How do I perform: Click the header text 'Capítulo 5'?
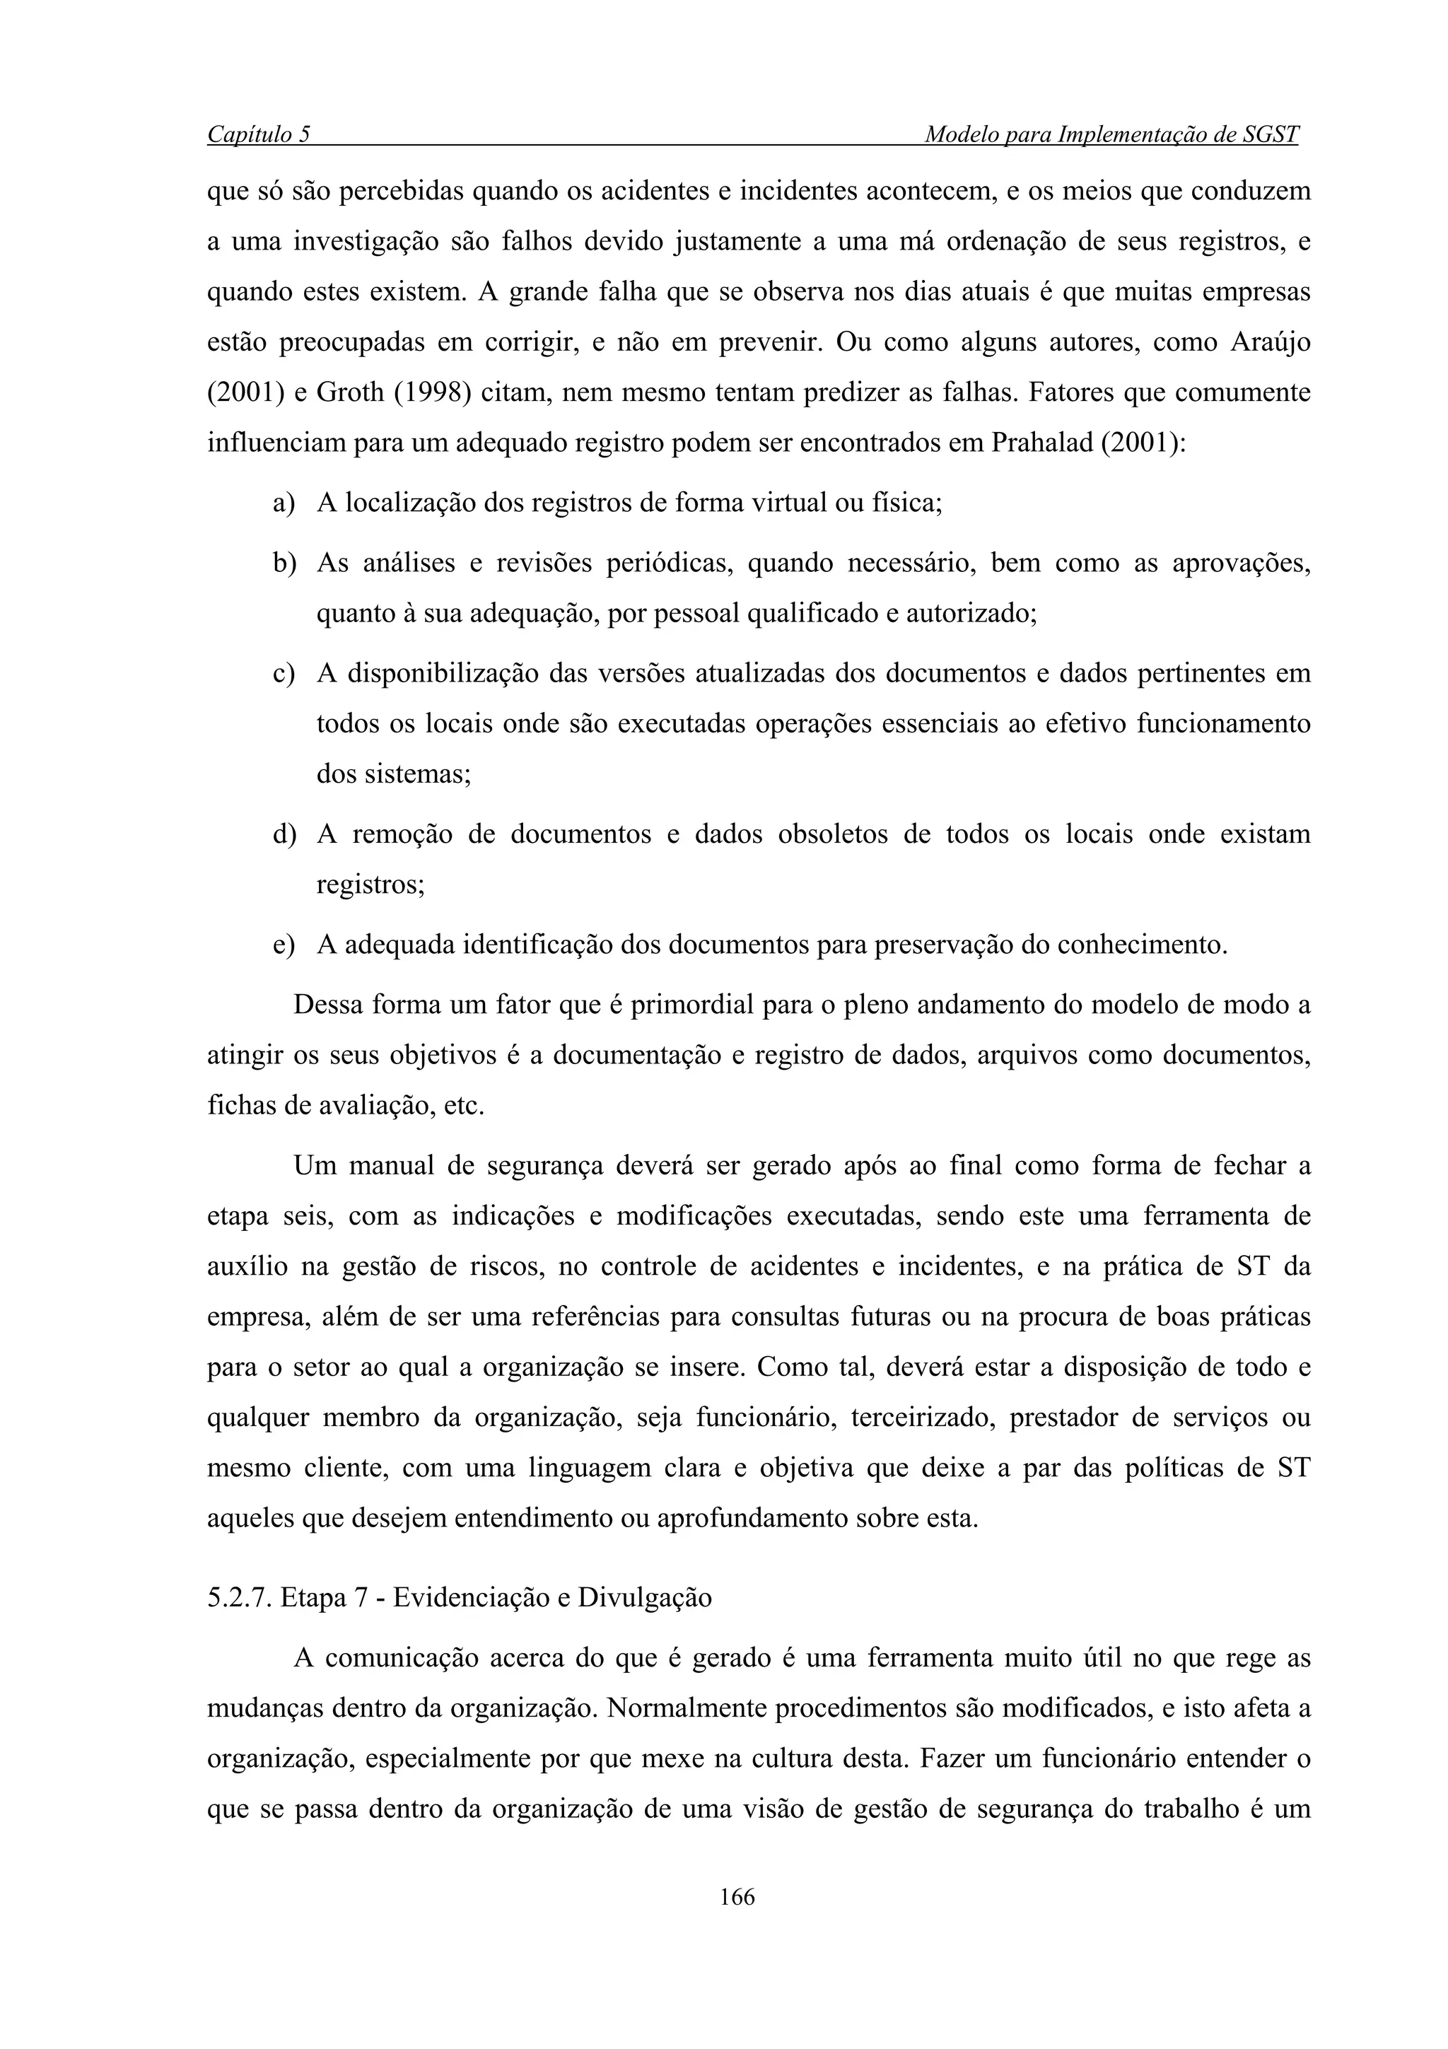259,135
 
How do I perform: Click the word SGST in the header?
1268,135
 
